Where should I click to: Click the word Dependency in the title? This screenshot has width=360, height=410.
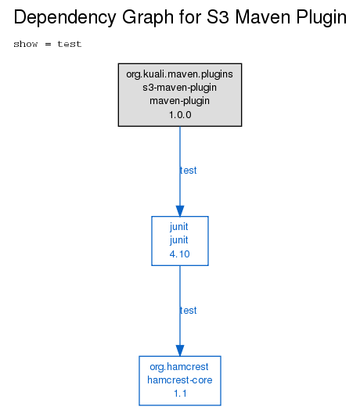(x=65, y=17)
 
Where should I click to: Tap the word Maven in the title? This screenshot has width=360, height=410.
(x=263, y=17)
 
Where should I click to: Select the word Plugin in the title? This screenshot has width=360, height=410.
(x=322, y=18)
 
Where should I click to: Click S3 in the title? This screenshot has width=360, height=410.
(x=218, y=17)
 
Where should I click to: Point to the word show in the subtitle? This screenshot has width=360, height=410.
(x=26, y=44)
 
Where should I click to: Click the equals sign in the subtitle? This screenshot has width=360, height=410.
(x=48, y=44)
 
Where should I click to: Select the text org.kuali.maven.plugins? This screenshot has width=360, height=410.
(x=179, y=74)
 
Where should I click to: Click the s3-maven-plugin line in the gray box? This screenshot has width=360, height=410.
(x=179, y=88)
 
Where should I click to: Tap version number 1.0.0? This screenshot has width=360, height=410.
(x=180, y=115)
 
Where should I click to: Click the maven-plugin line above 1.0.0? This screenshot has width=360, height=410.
(x=179, y=101)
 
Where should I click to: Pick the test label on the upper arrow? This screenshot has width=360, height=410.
(x=188, y=171)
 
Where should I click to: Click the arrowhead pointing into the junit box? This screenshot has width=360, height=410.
(x=180, y=210)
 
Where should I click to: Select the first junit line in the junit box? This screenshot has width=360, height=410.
(x=179, y=227)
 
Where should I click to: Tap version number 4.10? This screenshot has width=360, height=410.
(x=179, y=254)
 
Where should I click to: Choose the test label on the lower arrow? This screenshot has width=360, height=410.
(x=188, y=311)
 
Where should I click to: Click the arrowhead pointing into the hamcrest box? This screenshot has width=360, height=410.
(x=180, y=351)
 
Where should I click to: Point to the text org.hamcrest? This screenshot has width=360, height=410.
(x=179, y=367)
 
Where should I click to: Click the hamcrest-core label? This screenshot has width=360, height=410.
(x=180, y=380)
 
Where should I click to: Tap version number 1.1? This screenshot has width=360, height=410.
(x=180, y=394)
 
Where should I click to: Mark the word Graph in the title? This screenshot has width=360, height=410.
(x=148, y=18)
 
